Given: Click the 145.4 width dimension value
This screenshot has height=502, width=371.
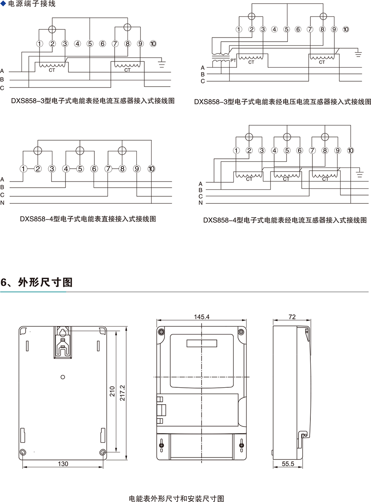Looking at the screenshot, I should point(202,317).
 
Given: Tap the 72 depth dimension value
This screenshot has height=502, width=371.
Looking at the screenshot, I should point(292,317).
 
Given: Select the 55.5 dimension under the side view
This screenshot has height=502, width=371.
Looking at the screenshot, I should point(288,464).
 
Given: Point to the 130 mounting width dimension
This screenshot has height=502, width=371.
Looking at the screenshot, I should point(63,464).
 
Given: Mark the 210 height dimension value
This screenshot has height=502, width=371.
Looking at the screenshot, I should point(113,391).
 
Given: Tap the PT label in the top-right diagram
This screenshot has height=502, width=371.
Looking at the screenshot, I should point(233,61).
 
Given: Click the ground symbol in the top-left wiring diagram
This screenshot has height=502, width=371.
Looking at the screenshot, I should point(162,63).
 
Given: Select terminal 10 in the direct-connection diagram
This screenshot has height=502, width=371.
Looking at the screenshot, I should point(151,169).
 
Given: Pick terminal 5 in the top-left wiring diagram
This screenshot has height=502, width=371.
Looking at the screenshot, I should point(90,43).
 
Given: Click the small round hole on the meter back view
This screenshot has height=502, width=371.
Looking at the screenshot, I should point(63,377).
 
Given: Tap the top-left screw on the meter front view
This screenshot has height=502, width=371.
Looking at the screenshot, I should point(162,332).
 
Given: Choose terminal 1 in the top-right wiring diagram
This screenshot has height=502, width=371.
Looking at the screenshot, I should point(239,29).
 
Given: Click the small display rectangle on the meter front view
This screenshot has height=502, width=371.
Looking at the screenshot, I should point(202,344).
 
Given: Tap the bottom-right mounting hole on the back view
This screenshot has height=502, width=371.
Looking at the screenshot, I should point(103,452).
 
